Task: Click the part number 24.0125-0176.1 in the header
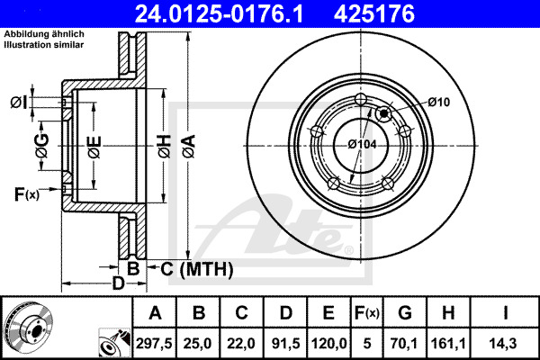coord(219,14)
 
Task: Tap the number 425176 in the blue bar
coord(374,14)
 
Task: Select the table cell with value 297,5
coord(154,343)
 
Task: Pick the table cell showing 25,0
coord(197,343)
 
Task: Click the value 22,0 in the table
coord(241,343)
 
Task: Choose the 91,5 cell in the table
coord(285,343)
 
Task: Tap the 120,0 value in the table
coord(328,343)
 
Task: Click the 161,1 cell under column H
coord(448,343)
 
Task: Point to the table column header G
coord(405,312)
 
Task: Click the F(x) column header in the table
coord(367,312)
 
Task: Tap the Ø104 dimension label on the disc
coord(362,144)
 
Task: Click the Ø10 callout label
coord(439,102)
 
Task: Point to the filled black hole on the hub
coord(383,113)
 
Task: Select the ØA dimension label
coord(189,146)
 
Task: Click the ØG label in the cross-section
coord(42,146)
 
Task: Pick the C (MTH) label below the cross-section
coord(197,269)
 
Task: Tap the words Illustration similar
coord(44,45)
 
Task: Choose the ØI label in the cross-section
coord(19,103)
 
